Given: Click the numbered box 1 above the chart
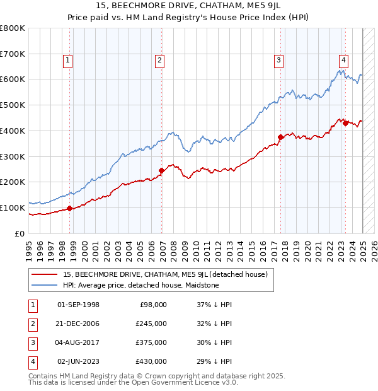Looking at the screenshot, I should point(67,61).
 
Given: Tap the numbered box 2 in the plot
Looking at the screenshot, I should point(160,61).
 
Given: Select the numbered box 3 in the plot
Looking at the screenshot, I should point(278,61).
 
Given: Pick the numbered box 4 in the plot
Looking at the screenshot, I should point(343,61).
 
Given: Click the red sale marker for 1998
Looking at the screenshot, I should point(69,208).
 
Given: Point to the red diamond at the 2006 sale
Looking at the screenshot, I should point(162,170).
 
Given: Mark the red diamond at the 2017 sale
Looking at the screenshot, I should point(280,136).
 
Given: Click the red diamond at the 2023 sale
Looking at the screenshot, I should point(345,123).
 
